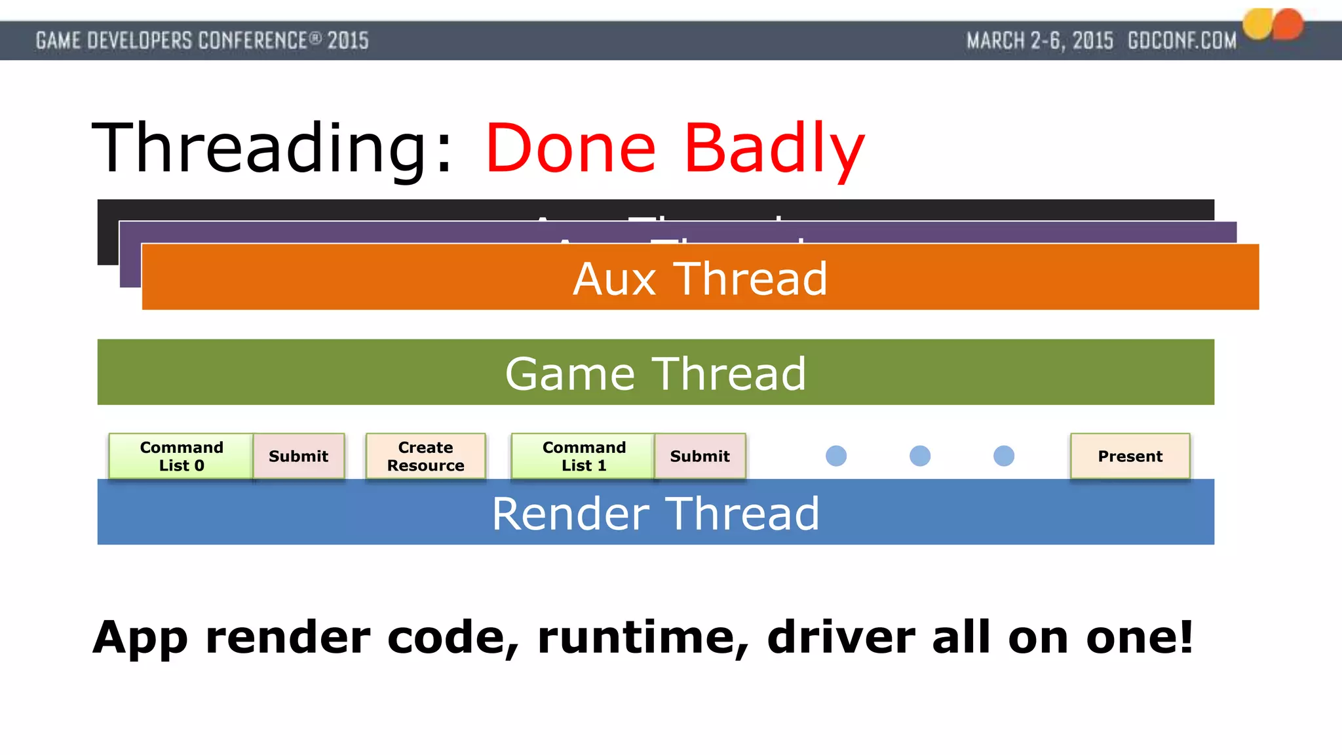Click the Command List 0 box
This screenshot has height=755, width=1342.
click(181, 456)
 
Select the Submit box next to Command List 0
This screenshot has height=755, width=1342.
click(299, 456)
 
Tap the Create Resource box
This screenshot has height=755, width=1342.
click(425, 456)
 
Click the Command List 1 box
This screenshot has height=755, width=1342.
click(583, 456)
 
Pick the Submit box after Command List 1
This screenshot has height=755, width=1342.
click(700, 456)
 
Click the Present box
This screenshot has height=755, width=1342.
click(1130, 456)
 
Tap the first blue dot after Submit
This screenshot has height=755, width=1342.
click(836, 455)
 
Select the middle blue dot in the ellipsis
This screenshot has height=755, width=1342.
click(920, 455)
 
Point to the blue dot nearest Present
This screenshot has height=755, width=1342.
click(1004, 455)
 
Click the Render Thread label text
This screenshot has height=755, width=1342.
click(655, 513)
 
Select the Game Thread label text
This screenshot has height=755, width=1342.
click(655, 374)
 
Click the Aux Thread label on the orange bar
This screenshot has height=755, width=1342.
click(700, 279)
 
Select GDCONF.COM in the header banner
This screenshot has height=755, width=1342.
click(1182, 41)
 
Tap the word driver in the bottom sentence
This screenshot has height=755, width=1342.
click(841, 637)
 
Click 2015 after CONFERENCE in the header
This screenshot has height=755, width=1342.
click(348, 41)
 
